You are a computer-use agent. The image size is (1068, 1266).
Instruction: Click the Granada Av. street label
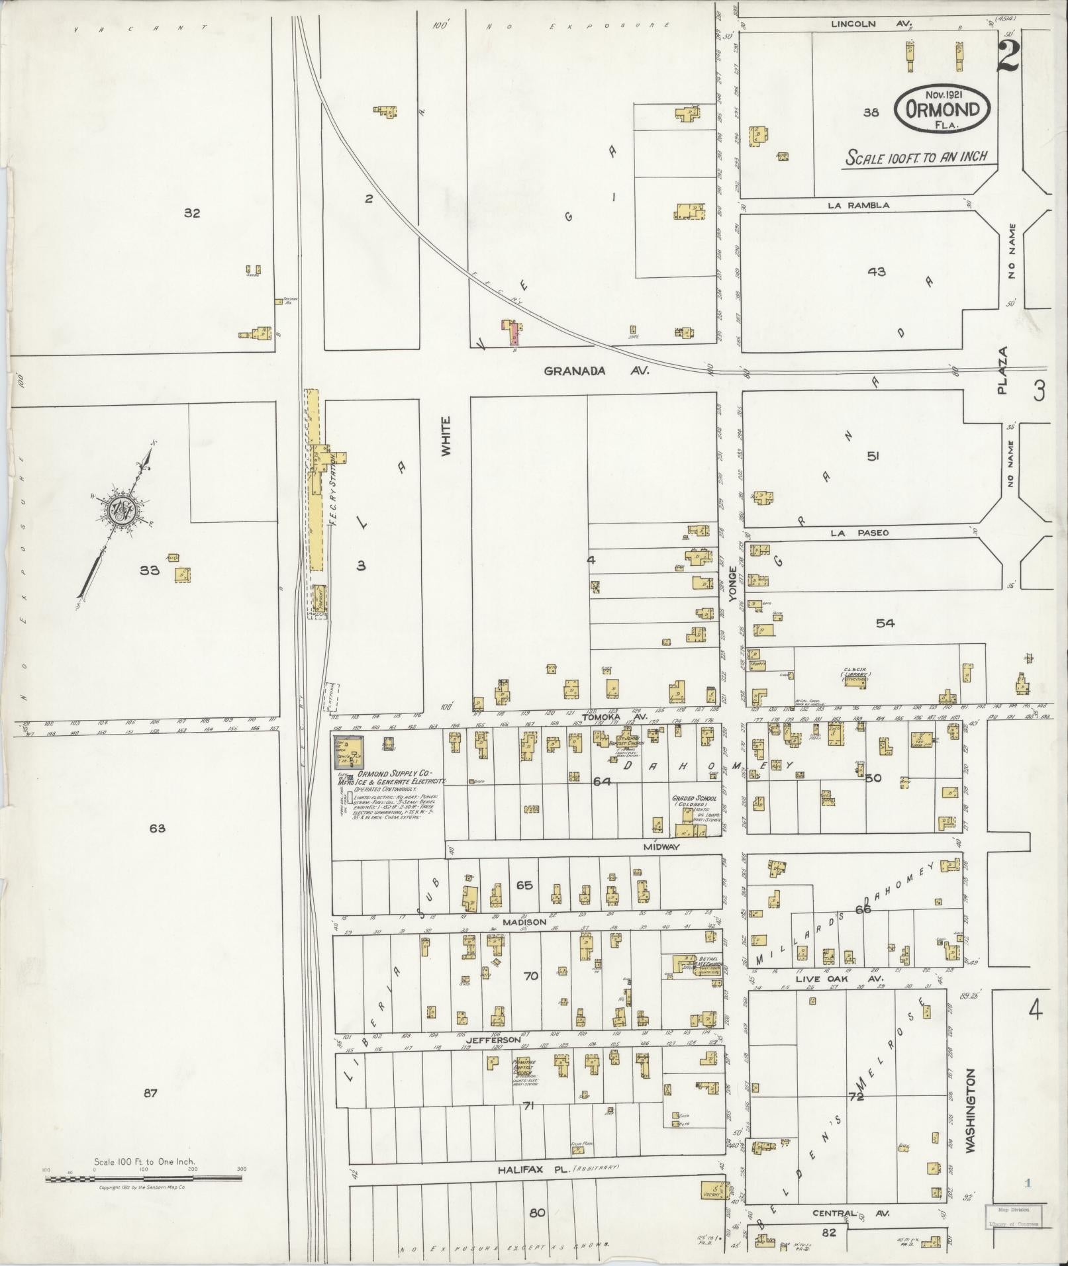pos(596,371)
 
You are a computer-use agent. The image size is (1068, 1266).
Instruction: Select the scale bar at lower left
pos(144,1178)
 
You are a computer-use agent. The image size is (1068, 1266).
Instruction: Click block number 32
pos(192,213)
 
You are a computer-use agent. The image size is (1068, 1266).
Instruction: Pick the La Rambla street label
pos(858,205)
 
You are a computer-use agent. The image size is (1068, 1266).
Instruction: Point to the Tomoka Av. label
pos(605,717)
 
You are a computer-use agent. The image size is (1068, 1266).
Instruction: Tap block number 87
pos(150,1093)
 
